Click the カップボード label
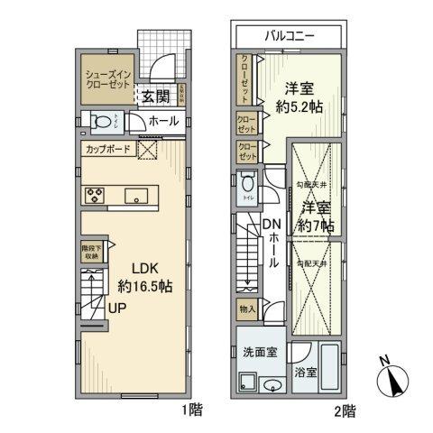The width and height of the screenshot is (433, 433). coord(108,150)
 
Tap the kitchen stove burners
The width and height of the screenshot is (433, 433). coord(97,194)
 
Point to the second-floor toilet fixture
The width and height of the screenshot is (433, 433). coord(248,187)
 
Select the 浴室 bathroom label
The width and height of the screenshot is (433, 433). coord(306,372)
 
